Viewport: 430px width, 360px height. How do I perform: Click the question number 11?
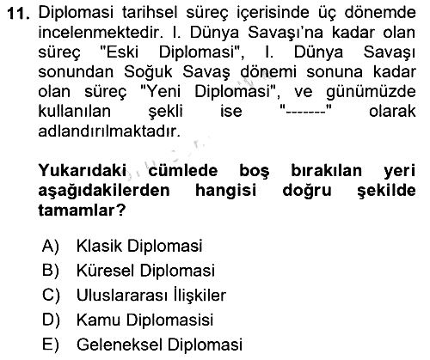tap(18, 14)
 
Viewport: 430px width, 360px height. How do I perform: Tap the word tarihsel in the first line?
tap(150, 13)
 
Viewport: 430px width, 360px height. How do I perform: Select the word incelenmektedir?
tap(101, 33)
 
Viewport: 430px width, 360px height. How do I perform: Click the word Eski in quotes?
tap(122, 52)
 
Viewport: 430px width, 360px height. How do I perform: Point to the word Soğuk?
tap(148, 72)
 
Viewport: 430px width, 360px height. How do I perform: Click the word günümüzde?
tap(371, 93)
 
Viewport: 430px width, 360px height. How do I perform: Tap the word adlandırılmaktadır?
tap(109, 131)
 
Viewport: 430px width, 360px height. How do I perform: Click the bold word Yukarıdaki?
tap(83, 171)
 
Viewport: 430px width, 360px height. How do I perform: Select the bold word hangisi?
tap(225, 191)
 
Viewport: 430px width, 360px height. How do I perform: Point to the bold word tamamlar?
tap(82, 211)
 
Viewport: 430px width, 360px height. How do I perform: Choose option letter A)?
tap(51, 247)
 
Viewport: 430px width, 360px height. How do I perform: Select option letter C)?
tap(51, 296)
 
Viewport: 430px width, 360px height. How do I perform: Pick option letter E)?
tap(51, 345)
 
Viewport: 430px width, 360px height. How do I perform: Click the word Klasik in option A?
tap(99, 246)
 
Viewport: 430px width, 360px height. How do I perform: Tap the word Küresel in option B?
tap(106, 271)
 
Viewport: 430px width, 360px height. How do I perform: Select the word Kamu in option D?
tap(98, 320)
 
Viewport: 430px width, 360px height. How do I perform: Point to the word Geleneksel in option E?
tap(120, 345)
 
